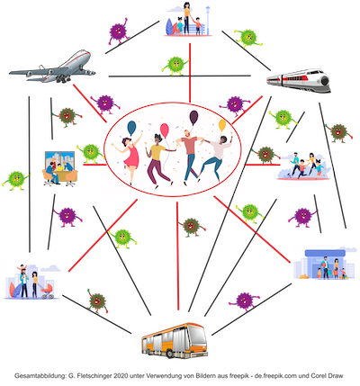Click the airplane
click(x=53, y=67)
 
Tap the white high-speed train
click(x=300, y=80)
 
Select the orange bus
click(x=175, y=340)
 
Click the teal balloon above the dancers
click(x=131, y=128)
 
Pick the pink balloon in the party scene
click(x=165, y=130)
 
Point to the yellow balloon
click(x=222, y=126)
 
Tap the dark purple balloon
click(x=194, y=117)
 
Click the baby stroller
click(x=48, y=291)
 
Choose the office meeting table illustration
click(x=59, y=169)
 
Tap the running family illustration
click(x=303, y=166)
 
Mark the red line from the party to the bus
click(x=177, y=256)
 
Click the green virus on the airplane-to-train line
click(x=175, y=65)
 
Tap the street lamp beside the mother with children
click(x=208, y=20)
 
